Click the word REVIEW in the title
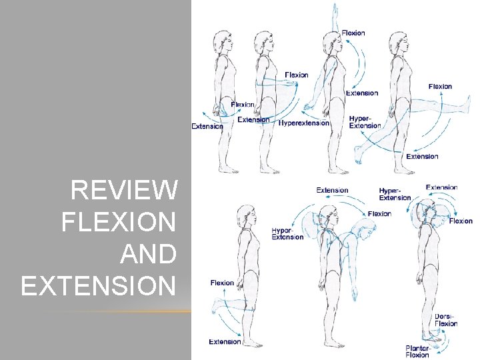click(x=124, y=191)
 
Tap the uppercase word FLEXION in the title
click(x=119, y=223)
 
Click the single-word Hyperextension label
click(x=304, y=123)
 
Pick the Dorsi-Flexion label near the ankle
click(x=446, y=320)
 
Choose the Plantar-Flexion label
click(x=418, y=351)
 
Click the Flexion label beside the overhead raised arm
click(x=353, y=33)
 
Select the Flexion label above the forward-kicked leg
click(x=440, y=87)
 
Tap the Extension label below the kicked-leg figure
click(x=422, y=157)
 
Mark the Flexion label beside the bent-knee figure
click(x=222, y=283)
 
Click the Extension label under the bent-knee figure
click(x=225, y=342)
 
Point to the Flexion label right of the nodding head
click(x=461, y=221)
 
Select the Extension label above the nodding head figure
click(x=441, y=187)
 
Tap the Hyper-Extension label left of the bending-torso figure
click(x=287, y=233)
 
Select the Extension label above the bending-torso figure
click(x=332, y=190)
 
